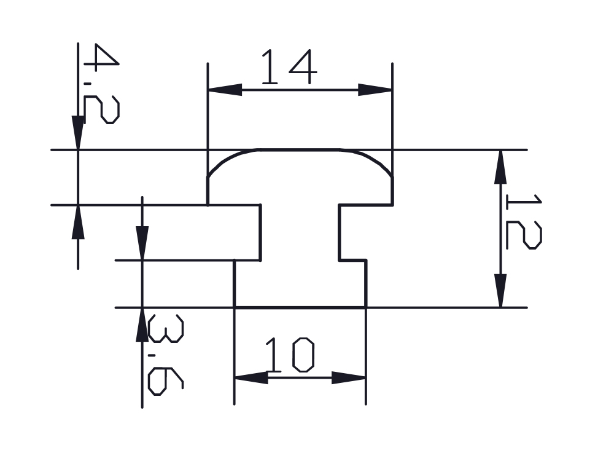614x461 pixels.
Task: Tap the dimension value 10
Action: point(289,356)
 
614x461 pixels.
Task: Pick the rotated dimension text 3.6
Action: point(165,355)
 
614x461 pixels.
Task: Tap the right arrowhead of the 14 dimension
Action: point(375,90)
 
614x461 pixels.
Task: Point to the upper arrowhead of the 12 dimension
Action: point(501,167)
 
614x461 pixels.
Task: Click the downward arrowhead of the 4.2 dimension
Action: point(78,132)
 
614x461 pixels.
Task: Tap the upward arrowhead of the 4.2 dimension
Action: point(78,222)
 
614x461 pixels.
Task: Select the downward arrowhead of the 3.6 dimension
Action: point(142,243)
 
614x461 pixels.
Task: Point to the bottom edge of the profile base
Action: point(300,307)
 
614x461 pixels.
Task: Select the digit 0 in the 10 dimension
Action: point(303,356)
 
